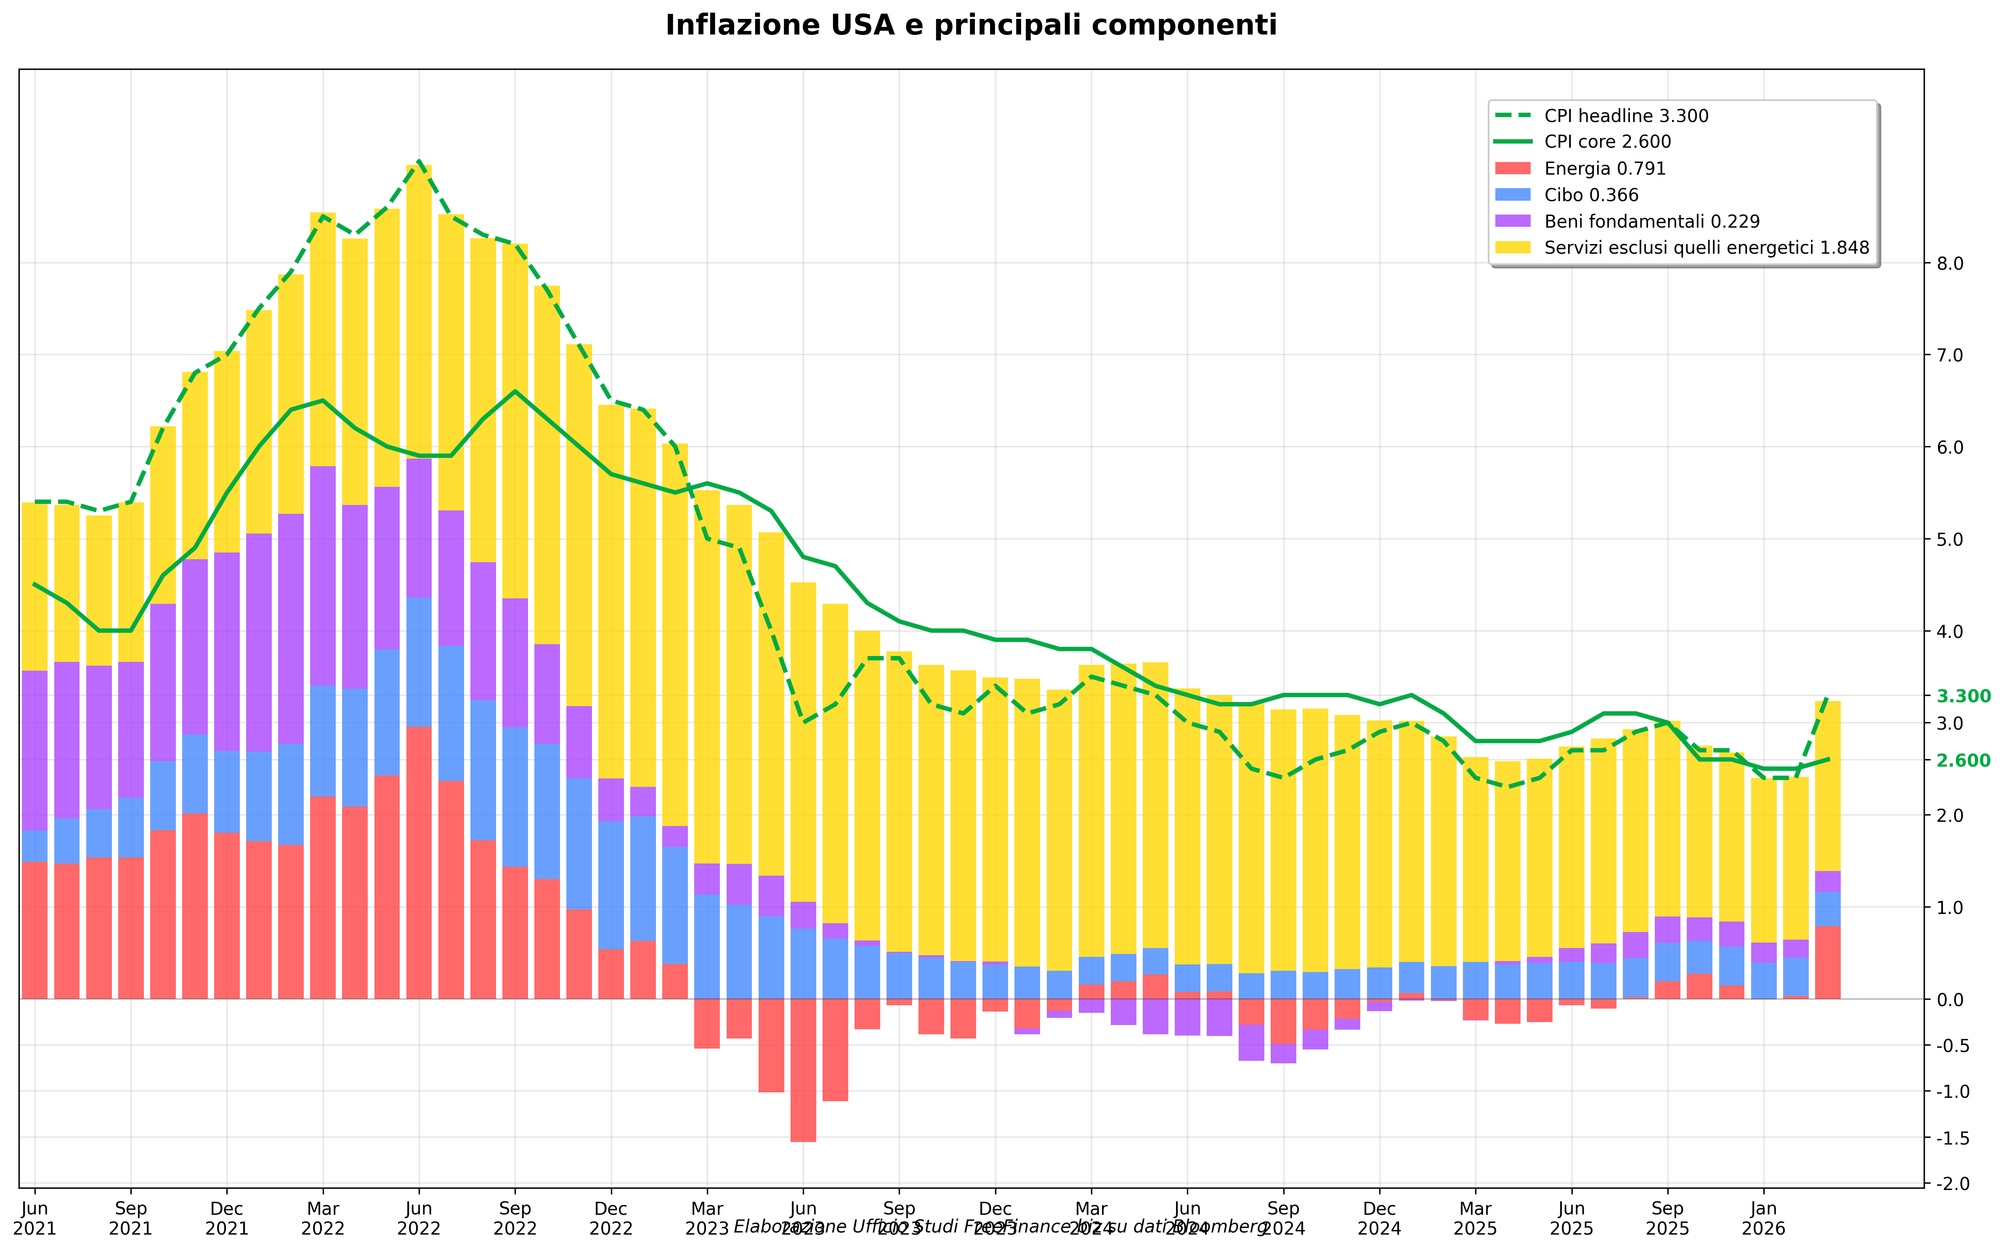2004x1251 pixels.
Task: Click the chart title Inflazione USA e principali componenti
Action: point(971,26)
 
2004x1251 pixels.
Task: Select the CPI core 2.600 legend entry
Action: point(1607,142)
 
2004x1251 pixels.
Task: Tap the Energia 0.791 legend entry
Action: point(1605,169)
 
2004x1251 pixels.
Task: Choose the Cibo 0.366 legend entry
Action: point(1590,195)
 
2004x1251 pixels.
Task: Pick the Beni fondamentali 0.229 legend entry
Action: point(1651,222)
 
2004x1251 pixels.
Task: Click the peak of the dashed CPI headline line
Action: point(419,161)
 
